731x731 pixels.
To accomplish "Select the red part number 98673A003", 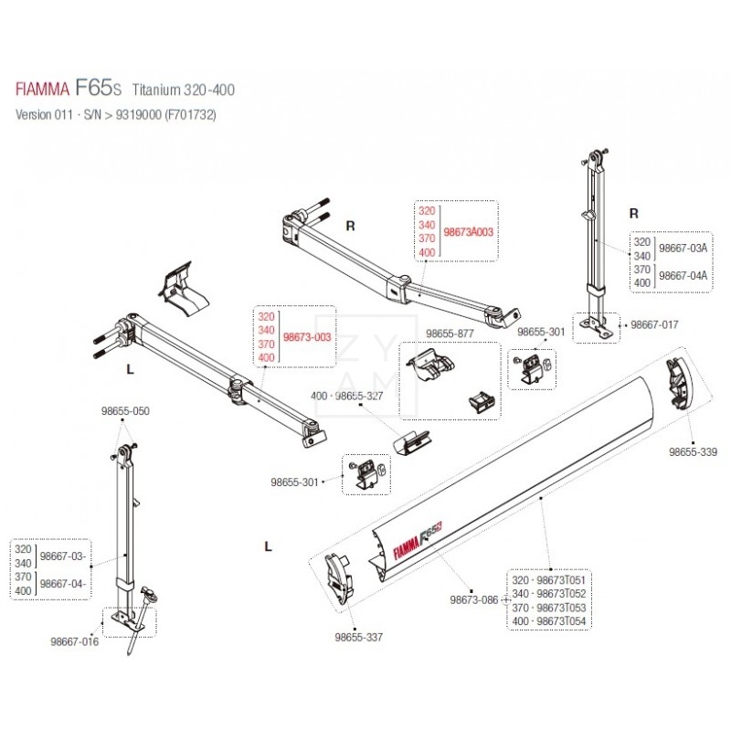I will (x=468, y=232).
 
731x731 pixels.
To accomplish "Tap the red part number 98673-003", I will (x=307, y=337).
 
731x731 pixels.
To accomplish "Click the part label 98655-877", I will (x=450, y=334).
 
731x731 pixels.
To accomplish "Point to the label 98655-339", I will (x=692, y=451).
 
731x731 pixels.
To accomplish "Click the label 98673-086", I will (x=473, y=600).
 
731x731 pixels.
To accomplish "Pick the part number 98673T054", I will (x=561, y=621).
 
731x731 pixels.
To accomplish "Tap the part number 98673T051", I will (x=561, y=580).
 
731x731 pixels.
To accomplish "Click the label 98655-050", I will (x=124, y=411).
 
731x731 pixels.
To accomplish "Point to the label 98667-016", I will (x=74, y=641).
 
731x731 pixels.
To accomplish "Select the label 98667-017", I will (x=655, y=323).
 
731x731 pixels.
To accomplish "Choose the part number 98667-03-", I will (x=64, y=557).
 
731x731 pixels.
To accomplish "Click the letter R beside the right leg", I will (x=633, y=213).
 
